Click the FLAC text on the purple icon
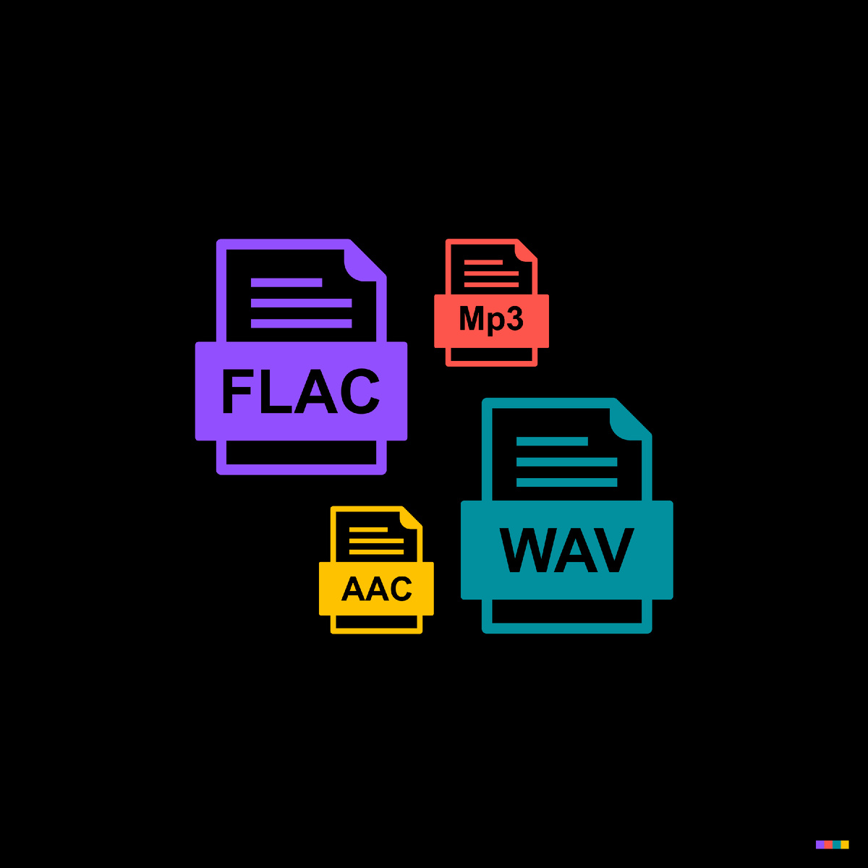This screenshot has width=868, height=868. pyautogui.click(x=300, y=391)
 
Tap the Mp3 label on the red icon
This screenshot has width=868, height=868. pyautogui.click(x=491, y=319)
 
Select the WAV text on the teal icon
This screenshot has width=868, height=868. pyautogui.click(x=566, y=550)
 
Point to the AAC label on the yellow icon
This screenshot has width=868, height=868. pyautogui.click(x=376, y=589)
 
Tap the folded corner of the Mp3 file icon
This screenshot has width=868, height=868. pyautogui.click(x=525, y=250)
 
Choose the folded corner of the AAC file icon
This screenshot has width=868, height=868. pyautogui.click(x=410, y=518)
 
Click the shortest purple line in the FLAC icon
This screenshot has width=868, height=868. pyautogui.click(x=286, y=283)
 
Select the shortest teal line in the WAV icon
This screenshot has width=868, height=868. pyautogui.click(x=552, y=441)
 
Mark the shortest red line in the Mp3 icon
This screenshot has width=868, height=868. pyautogui.click(x=483, y=262)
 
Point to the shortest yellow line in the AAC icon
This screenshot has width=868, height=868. pyautogui.click(x=368, y=529)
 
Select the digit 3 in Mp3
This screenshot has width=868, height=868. pyautogui.click(x=514, y=318)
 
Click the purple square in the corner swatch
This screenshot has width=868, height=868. pyautogui.click(x=820, y=844)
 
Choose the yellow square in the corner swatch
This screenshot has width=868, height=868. pyautogui.click(x=845, y=844)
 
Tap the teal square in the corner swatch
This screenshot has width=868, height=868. pyautogui.click(x=837, y=844)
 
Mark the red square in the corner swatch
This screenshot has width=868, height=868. pyautogui.click(x=828, y=844)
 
